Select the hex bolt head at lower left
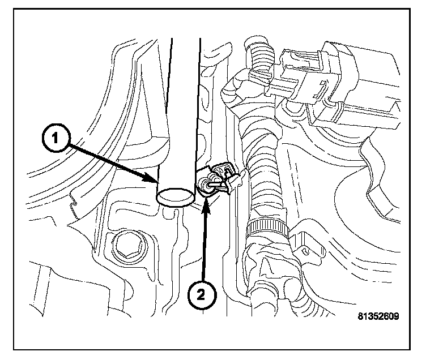[125, 246]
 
